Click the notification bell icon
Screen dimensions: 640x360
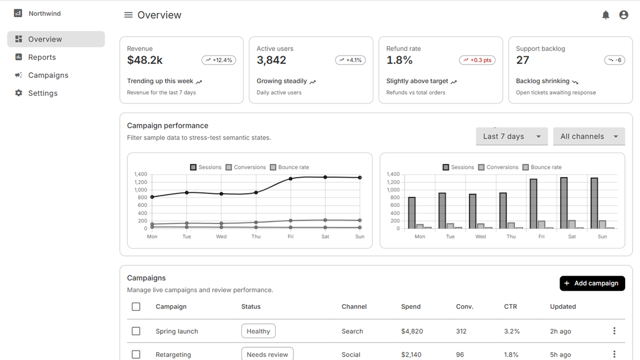605,15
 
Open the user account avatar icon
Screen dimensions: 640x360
623,15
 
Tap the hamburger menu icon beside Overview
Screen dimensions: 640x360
129,15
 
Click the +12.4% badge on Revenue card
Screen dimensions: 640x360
219,60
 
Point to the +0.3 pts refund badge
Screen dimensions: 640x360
477,60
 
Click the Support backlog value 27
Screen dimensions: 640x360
523,60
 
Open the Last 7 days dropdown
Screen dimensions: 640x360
511,137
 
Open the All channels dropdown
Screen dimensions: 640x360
589,137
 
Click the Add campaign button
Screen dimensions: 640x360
593,283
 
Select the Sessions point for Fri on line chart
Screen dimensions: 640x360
291,179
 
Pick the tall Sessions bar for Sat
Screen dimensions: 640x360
564,203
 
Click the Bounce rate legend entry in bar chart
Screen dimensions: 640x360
542,167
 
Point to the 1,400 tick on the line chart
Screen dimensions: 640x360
141,174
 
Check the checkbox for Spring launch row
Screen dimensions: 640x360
136,331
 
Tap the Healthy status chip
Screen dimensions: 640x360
258,331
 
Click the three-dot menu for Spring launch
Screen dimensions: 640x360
614,331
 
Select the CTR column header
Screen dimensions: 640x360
510,307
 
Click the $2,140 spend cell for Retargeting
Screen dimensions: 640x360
411,355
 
